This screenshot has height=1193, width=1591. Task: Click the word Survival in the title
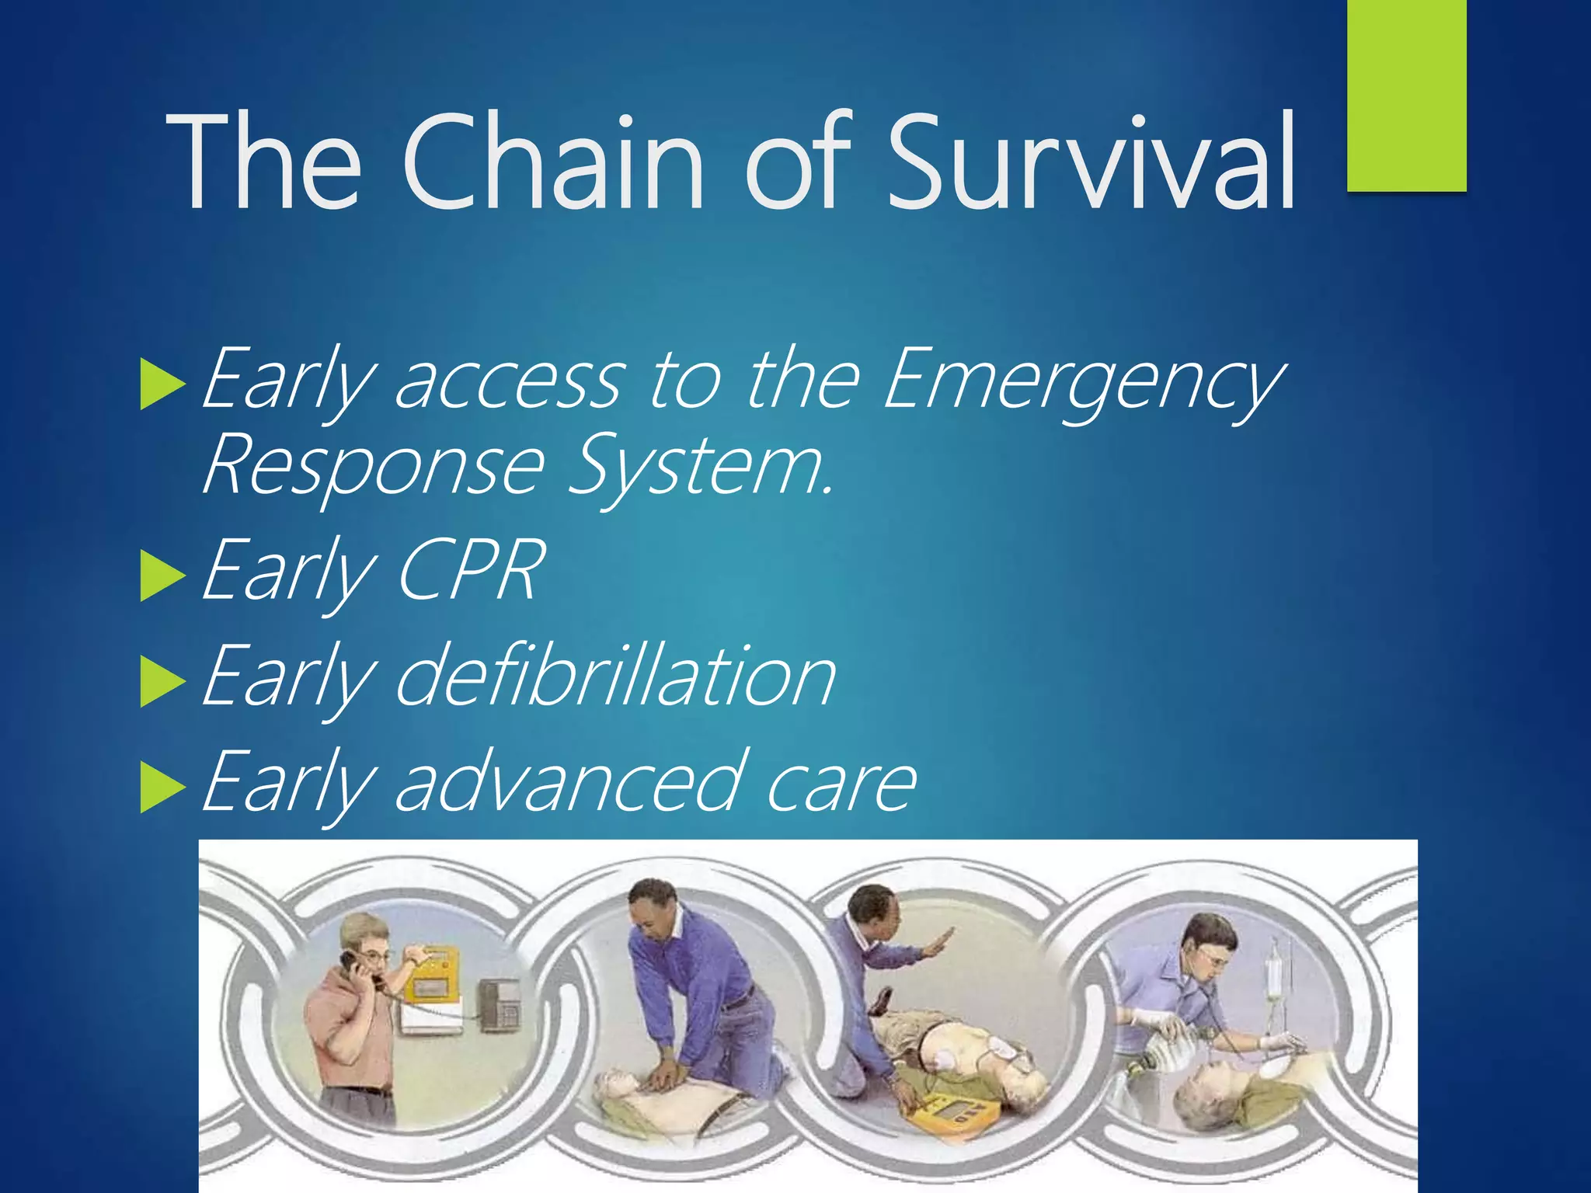point(1091,163)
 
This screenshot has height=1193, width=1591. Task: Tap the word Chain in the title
point(552,163)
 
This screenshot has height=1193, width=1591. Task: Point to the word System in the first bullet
point(699,466)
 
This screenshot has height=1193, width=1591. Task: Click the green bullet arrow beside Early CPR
point(162,576)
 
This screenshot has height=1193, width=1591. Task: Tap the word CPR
point(470,571)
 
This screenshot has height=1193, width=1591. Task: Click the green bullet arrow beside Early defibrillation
point(162,682)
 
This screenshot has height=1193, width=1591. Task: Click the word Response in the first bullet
point(373,466)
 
